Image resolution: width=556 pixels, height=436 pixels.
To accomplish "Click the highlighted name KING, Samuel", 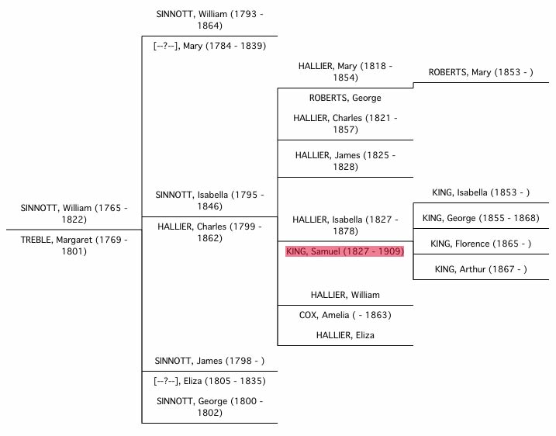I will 345,251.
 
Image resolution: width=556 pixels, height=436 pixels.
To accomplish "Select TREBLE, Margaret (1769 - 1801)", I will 74,246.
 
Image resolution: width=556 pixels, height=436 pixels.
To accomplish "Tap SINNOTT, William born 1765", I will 74,213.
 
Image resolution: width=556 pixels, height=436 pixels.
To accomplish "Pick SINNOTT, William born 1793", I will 209,20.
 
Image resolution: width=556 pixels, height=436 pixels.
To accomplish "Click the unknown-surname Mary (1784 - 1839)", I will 209,46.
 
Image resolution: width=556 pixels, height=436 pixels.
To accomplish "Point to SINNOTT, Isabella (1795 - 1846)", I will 209,200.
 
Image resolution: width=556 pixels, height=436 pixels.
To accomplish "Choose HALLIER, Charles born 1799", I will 209,232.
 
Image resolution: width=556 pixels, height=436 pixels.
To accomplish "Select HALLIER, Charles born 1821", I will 345,123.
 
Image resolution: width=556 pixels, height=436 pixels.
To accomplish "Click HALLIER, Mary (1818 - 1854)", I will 345,72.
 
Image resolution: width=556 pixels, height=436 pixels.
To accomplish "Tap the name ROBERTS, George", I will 345,98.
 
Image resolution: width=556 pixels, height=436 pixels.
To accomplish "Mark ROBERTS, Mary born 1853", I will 481,73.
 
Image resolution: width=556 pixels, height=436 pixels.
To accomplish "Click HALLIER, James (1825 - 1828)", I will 345,161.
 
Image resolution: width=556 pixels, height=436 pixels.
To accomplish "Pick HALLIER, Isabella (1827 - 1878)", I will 345,225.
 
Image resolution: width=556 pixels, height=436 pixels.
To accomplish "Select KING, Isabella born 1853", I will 481,192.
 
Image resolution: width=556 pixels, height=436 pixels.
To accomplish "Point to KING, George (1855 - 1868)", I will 481,218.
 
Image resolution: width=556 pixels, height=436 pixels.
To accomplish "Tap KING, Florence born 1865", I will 481,244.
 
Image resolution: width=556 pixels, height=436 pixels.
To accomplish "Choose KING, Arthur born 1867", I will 481,269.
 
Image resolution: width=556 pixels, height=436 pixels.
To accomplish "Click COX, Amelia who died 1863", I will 345,315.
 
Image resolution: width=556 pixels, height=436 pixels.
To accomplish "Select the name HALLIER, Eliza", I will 345,334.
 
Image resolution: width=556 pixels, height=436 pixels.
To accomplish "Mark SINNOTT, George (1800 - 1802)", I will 209,407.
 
